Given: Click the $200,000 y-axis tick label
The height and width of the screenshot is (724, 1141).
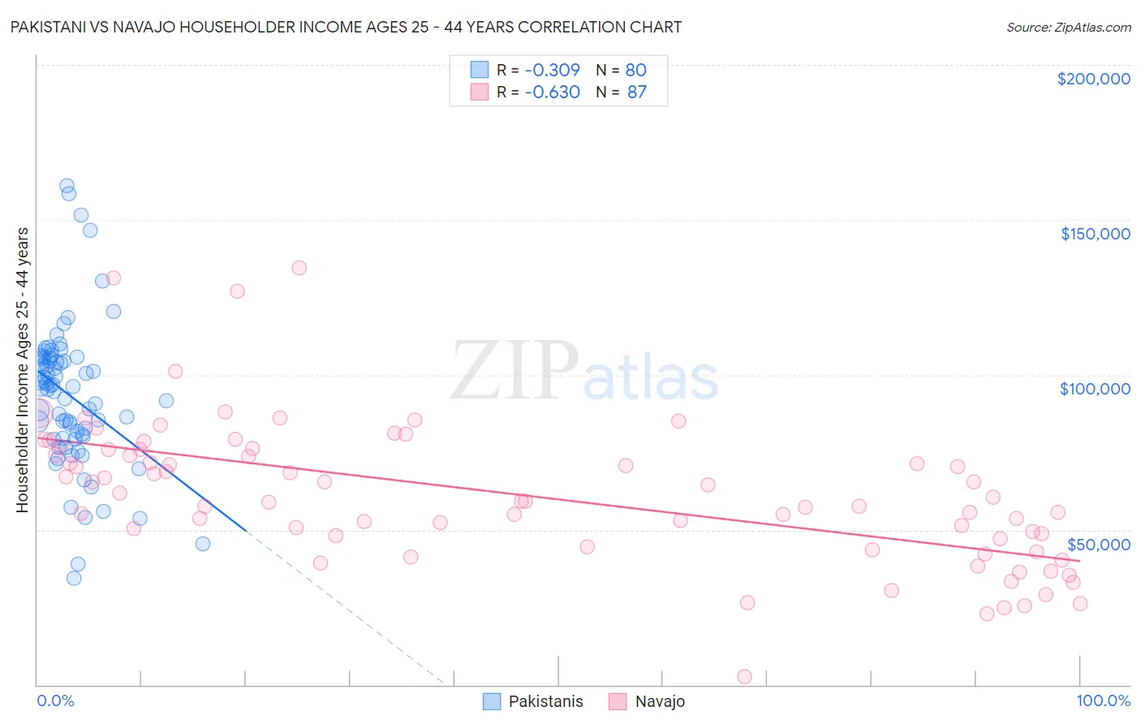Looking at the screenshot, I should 1093,79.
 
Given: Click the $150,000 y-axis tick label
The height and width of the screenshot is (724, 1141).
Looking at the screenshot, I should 1095,234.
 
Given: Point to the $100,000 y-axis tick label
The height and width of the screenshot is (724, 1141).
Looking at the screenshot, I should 1095,389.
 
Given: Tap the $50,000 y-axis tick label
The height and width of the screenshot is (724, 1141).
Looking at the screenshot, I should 1098,544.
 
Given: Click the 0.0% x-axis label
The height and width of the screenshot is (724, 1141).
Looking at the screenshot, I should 55,700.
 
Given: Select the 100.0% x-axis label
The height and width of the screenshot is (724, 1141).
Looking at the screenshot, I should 1103,700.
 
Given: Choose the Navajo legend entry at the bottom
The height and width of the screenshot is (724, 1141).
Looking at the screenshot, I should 660,701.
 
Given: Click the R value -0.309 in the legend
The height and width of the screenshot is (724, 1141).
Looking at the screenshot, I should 552,71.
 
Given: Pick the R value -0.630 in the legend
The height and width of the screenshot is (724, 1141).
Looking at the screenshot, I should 552,93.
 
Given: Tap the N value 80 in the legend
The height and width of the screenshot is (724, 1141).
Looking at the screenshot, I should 635,71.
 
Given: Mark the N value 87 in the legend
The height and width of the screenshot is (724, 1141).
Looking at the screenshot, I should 636,93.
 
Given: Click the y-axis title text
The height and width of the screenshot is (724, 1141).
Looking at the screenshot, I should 22,370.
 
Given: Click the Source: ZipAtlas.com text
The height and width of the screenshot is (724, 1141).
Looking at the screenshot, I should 1068,28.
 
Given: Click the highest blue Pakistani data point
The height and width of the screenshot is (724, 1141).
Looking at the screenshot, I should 67,186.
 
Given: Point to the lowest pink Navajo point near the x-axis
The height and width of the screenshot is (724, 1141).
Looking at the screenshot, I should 744,677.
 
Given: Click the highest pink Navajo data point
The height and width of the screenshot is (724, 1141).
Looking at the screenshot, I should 299,268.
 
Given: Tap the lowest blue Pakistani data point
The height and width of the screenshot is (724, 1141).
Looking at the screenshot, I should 74,578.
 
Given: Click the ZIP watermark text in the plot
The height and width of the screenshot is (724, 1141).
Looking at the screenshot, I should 514,371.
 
